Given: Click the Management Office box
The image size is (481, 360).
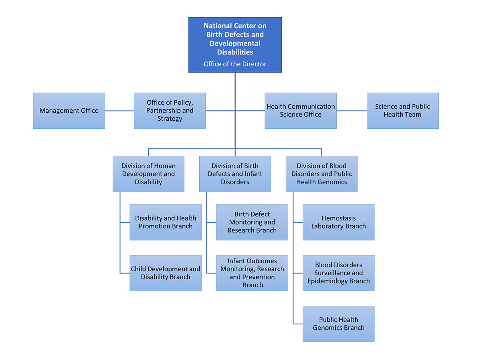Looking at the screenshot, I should click(x=69, y=111).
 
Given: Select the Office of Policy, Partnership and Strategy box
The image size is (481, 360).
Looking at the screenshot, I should click(x=170, y=111).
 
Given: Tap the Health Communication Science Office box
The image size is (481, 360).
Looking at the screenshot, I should click(x=301, y=111).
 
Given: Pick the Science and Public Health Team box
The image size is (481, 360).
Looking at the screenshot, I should click(x=402, y=111).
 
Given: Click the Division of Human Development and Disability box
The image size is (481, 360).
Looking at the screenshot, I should click(x=148, y=174).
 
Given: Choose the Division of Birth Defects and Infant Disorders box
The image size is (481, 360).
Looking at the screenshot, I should click(x=235, y=174).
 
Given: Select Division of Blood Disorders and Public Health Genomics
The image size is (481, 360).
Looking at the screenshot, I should click(x=321, y=174).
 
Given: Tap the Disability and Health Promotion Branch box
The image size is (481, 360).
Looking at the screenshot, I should click(x=166, y=222).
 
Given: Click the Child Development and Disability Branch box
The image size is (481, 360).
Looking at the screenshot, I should click(x=166, y=273).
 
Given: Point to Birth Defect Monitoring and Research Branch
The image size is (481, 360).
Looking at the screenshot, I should click(x=252, y=222).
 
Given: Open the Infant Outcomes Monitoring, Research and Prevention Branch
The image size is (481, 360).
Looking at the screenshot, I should click(x=252, y=273).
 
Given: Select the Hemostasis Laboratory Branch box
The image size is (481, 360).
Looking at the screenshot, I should click(x=339, y=222).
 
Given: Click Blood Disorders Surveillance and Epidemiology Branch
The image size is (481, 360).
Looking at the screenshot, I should click(x=339, y=273).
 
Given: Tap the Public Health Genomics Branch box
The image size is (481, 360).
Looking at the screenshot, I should click(x=339, y=324).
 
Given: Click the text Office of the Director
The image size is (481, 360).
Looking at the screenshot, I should click(x=235, y=64).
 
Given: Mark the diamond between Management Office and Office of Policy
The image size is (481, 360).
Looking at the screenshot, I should click(x=119, y=111).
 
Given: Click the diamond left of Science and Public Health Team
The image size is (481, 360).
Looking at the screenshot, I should click(x=352, y=111).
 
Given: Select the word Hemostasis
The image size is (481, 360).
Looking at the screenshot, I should click(x=339, y=218).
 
